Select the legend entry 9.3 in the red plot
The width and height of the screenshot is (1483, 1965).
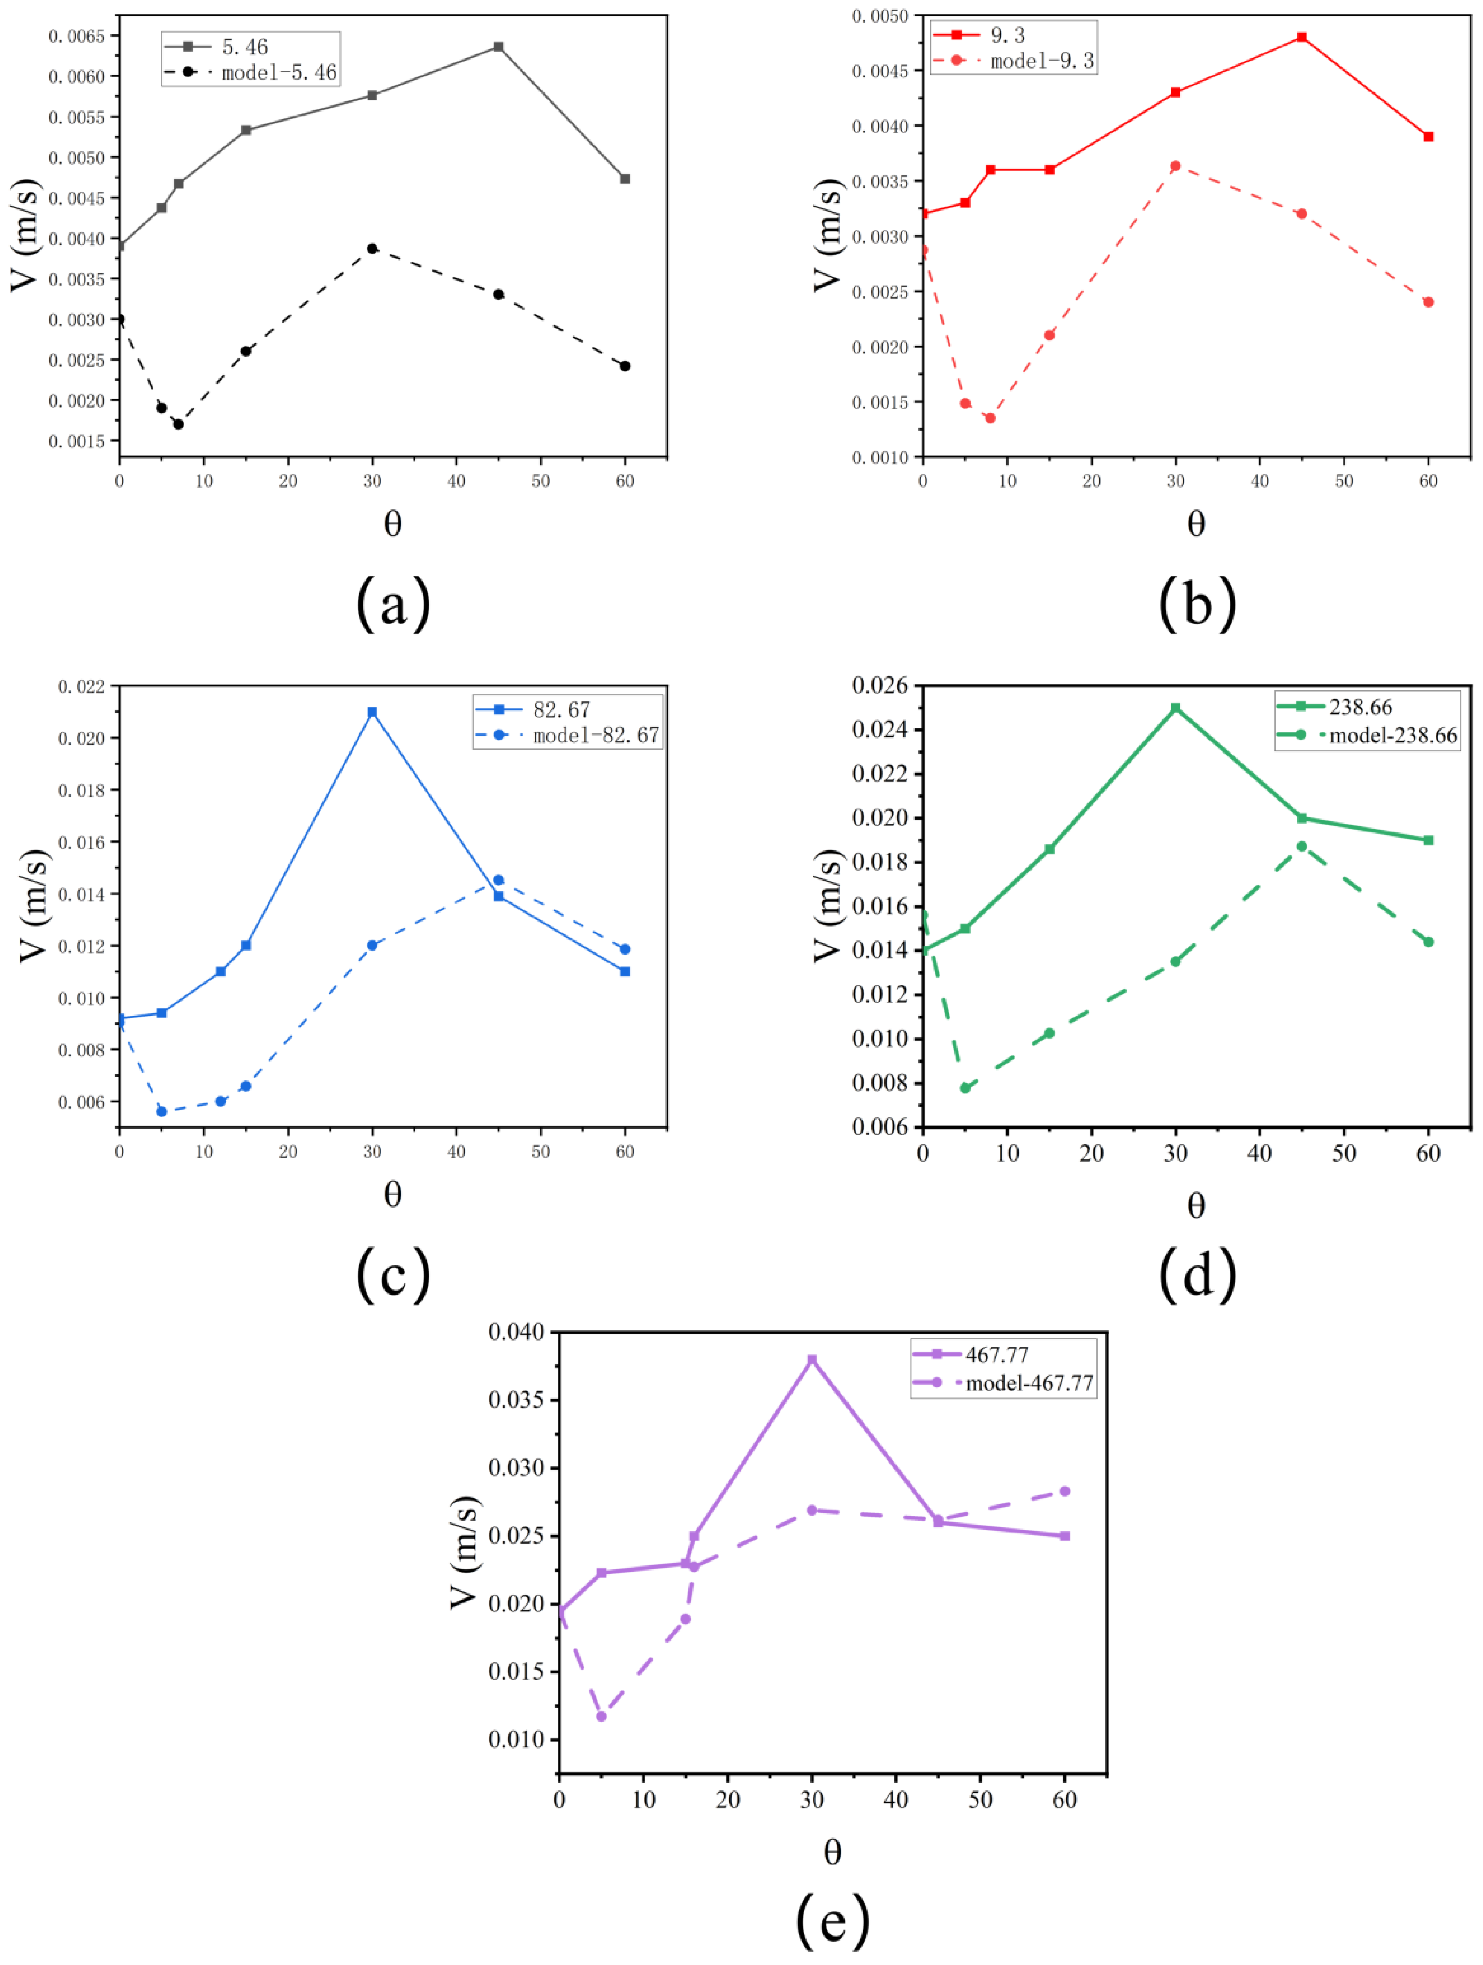coord(1007,35)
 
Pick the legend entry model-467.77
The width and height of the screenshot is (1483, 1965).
coord(1028,1383)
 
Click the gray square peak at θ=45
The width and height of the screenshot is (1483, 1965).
coord(498,46)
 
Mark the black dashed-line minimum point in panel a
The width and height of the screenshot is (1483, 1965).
coord(178,424)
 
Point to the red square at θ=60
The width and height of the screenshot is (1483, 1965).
coord(1428,137)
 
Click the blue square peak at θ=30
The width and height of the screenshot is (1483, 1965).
coord(372,711)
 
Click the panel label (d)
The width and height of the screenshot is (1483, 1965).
coord(1197,1275)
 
